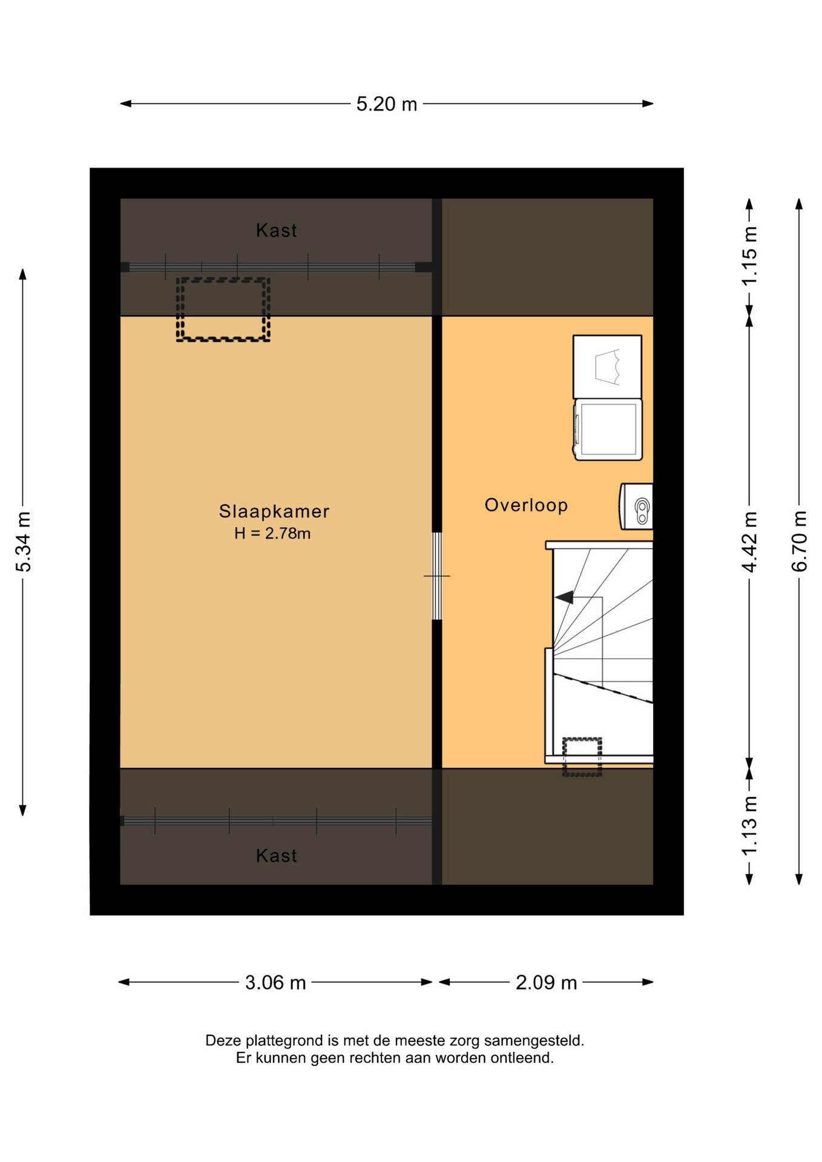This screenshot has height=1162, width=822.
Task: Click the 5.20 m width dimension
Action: coord(386,104)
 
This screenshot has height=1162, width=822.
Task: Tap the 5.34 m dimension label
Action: coord(24,541)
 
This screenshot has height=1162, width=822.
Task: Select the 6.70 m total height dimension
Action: coord(799,541)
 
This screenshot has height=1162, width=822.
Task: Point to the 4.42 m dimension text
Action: coord(749,541)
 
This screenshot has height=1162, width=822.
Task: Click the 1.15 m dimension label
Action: coord(749,256)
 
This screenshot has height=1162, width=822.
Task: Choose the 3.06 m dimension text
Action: coord(275,982)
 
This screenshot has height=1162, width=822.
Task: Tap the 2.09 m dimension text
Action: coord(546,982)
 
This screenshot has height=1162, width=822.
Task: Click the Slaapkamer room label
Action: coord(274,511)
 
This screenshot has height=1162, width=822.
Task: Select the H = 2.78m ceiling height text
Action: coord(272,533)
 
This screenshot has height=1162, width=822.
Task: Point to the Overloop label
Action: coord(526,505)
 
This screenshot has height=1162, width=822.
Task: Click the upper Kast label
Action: coord(277,231)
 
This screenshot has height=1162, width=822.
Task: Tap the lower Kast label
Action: coord(277,856)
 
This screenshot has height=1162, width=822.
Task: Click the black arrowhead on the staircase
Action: coord(564,597)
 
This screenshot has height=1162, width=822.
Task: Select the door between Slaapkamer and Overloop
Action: coord(436,576)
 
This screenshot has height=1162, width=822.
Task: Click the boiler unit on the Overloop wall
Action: coord(636,506)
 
